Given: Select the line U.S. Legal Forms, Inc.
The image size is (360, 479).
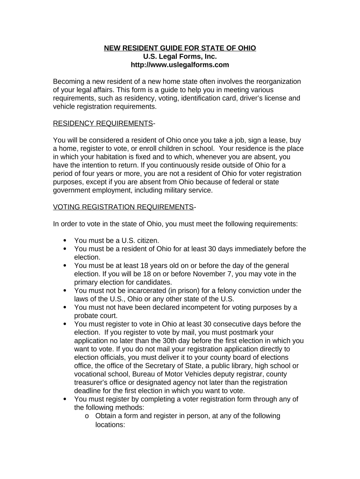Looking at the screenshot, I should pos(180,57).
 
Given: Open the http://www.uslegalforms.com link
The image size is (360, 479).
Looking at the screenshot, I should pos(180,65).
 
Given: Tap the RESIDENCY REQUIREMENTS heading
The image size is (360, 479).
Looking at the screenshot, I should pos(103,123).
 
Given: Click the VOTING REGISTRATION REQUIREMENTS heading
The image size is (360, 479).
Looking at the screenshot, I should pos(123,207).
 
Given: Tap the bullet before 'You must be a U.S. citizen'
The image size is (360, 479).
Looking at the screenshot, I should pos(65,241).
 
